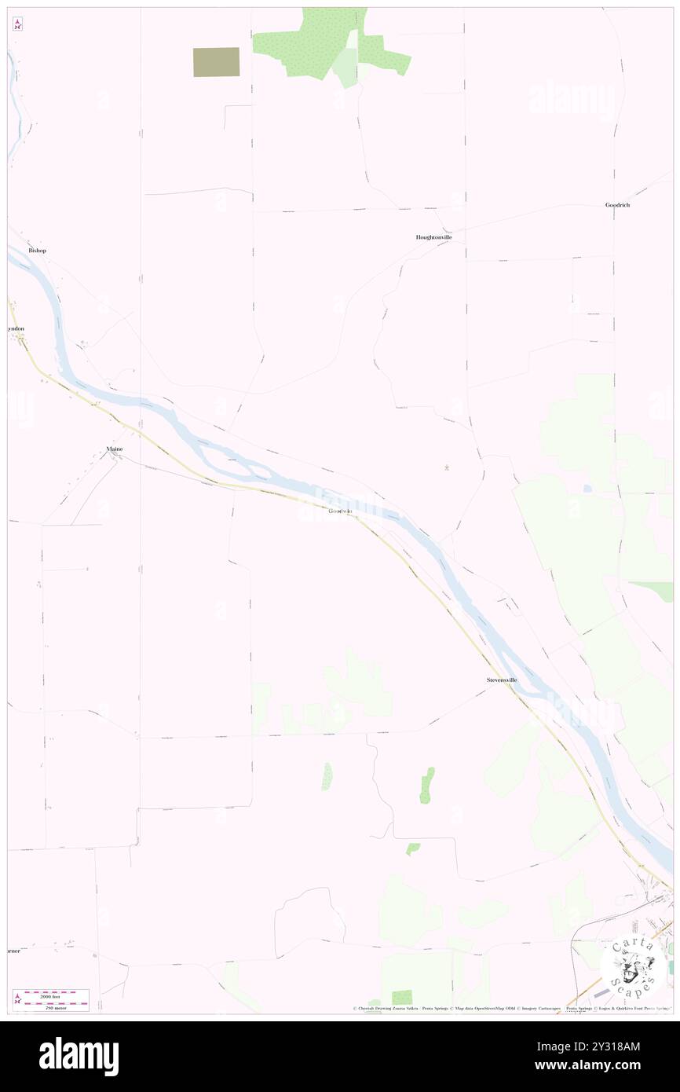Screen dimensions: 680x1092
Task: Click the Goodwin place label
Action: (340, 511)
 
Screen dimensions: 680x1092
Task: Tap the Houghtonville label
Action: (433, 237)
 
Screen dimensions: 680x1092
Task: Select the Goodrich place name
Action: (617, 205)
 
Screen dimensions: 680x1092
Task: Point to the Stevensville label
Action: (501, 680)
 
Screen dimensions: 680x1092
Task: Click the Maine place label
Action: (115, 449)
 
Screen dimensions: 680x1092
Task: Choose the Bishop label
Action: (37, 251)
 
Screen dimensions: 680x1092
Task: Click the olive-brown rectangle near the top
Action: (216, 62)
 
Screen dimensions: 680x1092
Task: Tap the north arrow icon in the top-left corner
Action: (17, 24)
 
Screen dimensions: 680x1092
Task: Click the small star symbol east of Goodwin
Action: (447, 469)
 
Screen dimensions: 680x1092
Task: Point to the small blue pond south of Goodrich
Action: (587, 489)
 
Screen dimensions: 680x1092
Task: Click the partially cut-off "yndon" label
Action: (16, 328)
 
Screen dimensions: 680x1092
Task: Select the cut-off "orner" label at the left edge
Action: (13, 951)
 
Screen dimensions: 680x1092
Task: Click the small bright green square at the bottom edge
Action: (402, 997)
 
